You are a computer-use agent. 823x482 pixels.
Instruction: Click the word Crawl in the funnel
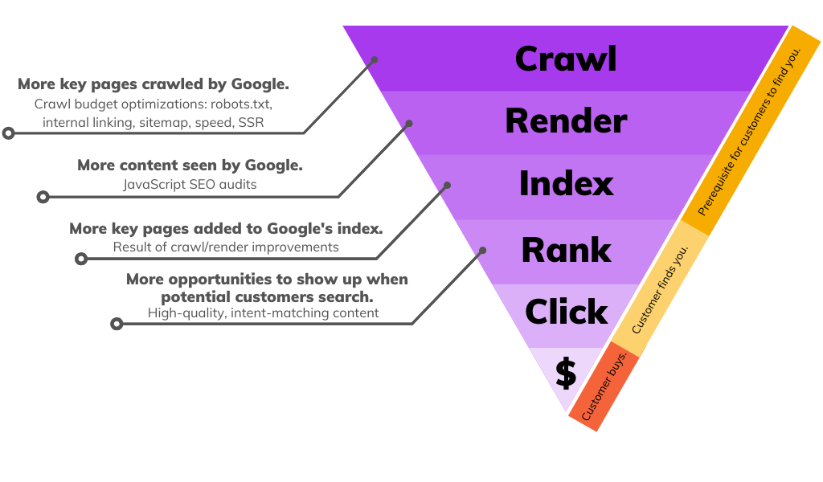(566, 59)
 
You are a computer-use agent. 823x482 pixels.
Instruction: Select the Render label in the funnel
(566, 121)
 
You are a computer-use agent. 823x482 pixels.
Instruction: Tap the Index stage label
(566, 184)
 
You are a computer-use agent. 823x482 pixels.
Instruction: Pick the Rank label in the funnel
(566, 250)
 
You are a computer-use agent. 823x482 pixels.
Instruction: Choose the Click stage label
(566, 312)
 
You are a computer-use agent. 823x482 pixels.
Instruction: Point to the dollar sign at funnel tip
(566, 374)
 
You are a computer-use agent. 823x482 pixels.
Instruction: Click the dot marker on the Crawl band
(374, 59)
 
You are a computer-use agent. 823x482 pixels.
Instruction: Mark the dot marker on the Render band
(409, 124)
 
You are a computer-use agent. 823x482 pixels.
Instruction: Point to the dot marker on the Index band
(448, 186)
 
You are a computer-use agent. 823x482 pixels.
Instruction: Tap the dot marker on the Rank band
(483, 250)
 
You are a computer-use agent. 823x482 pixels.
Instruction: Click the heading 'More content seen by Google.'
(190, 165)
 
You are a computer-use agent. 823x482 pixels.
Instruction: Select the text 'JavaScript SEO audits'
(190, 184)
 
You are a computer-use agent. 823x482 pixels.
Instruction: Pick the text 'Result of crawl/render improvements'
(226, 247)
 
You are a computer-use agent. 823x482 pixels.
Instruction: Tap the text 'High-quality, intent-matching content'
(263, 312)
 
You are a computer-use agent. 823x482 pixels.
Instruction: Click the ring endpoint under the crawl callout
(9, 133)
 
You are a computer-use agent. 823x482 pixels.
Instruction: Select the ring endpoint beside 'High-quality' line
(117, 324)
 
